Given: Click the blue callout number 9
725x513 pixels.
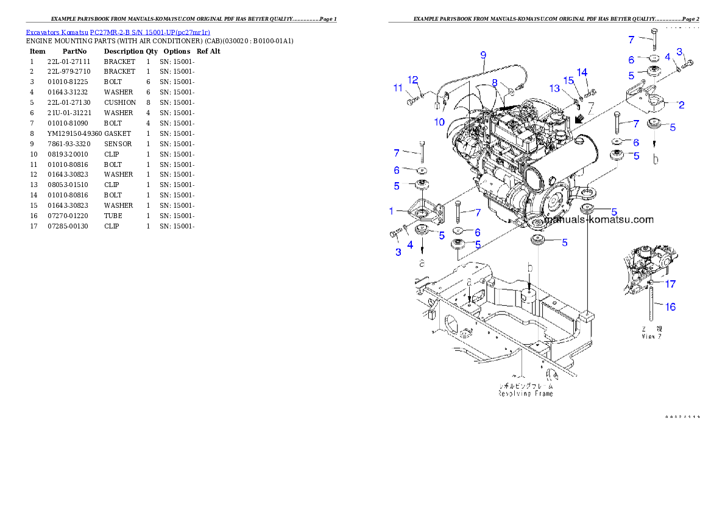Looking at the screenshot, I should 483,55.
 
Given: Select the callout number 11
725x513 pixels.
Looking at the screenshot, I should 398,88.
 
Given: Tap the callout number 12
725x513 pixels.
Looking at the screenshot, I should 413,80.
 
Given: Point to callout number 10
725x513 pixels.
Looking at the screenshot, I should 439,122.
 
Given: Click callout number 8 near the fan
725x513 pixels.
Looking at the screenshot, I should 495,82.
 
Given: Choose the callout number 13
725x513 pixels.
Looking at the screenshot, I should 554,88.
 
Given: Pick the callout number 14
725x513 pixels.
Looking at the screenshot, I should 582,73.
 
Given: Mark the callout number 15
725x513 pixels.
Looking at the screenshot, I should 568,80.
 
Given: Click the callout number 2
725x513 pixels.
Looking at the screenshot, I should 681,105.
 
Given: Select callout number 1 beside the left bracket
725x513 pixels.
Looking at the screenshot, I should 392,211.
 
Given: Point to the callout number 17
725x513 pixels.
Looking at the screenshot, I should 670,284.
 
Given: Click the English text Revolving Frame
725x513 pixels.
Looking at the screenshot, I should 526,394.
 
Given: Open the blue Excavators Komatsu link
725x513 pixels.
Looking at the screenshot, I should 118,32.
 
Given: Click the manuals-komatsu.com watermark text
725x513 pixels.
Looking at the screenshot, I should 599,220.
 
